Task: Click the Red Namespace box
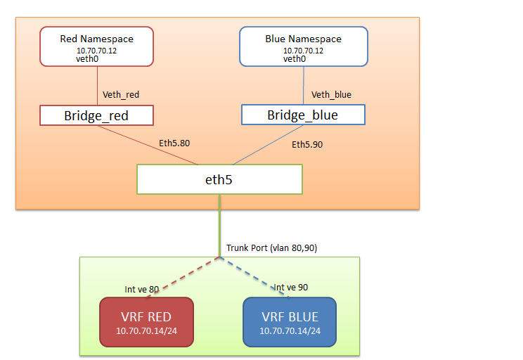pyautogui.click(x=96, y=46)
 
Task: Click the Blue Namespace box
pyautogui.click(x=303, y=46)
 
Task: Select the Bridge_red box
pyautogui.click(x=96, y=115)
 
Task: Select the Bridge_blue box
pyautogui.click(x=303, y=115)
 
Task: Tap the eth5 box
pyautogui.click(x=219, y=179)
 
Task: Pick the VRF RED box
pyautogui.click(x=146, y=321)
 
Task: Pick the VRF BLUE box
pyautogui.click(x=290, y=321)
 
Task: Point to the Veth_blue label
pyautogui.click(x=331, y=94)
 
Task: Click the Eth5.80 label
pyautogui.click(x=174, y=143)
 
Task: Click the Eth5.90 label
pyautogui.click(x=308, y=145)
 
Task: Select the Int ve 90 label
pyautogui.click(x=291, y=287)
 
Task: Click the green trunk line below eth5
pyautogui.click(x=220, y=225)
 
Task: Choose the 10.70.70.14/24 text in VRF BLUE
pyautogui.click(x=290, y=330)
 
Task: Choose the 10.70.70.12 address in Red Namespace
pyautogui.click(x=96, y=51)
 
